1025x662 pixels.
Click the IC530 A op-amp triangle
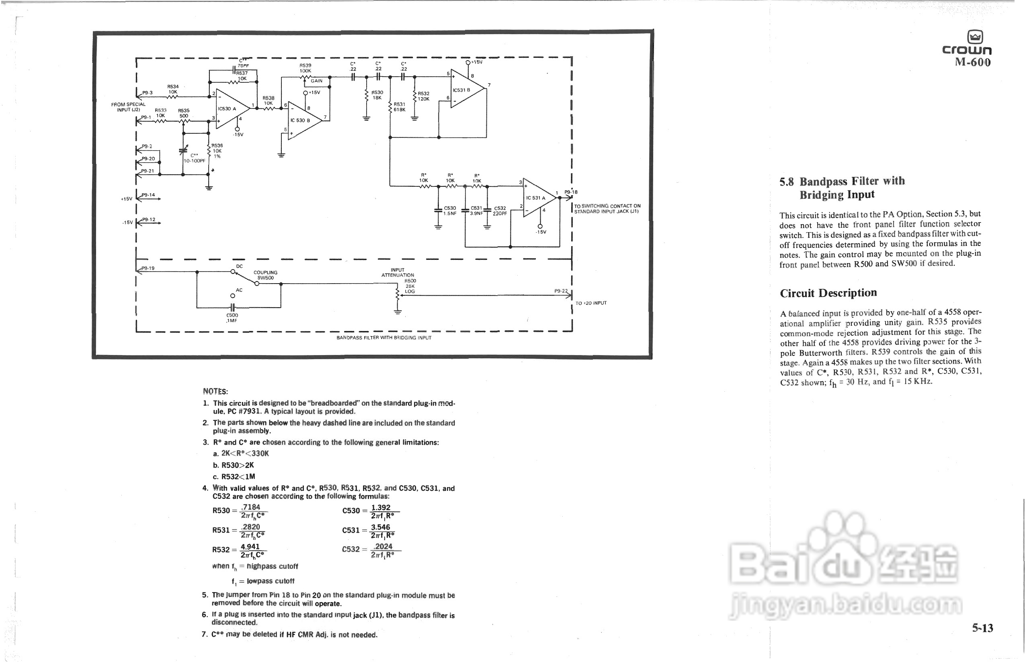tap(230, 109)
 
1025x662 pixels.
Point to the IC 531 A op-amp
tap(538, 198)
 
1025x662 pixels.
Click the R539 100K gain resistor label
tap(305, 68)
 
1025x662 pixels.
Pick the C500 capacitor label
tap(232, 318)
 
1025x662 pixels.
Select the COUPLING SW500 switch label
tap(265, 275)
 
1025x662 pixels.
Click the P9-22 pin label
tap(561, 291)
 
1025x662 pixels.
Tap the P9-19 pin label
tap(148, 268)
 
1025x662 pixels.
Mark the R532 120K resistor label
tap(423, 96)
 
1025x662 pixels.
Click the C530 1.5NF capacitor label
tap(449, 210)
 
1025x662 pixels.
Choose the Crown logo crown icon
tap(975, 37)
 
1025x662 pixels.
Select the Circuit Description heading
tap(828, 293)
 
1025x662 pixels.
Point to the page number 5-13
tap(982, 628)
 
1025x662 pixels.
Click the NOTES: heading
tap(215, 391)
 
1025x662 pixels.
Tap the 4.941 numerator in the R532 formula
tap(250, 546)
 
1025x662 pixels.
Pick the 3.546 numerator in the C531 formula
tap(380, 527)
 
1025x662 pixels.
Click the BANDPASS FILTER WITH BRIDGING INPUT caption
tap(384, 338)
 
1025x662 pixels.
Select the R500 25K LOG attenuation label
tap(410, 286)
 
